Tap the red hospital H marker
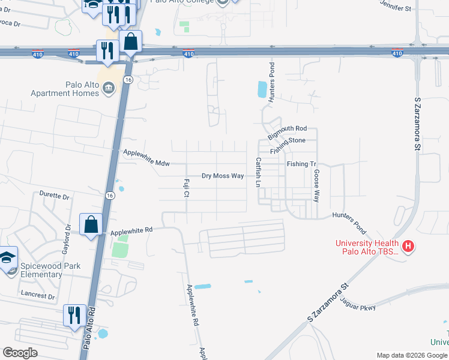[x=408, y=246]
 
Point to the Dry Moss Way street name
[x=223, y=176]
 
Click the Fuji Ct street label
[x=187, y=187]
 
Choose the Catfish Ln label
[x=258, y=172]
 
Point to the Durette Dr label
[x=55, y=196]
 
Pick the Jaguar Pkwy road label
[x=359, y=307]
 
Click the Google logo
[x=20, y=352]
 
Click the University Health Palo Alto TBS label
[x=367, y=247]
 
